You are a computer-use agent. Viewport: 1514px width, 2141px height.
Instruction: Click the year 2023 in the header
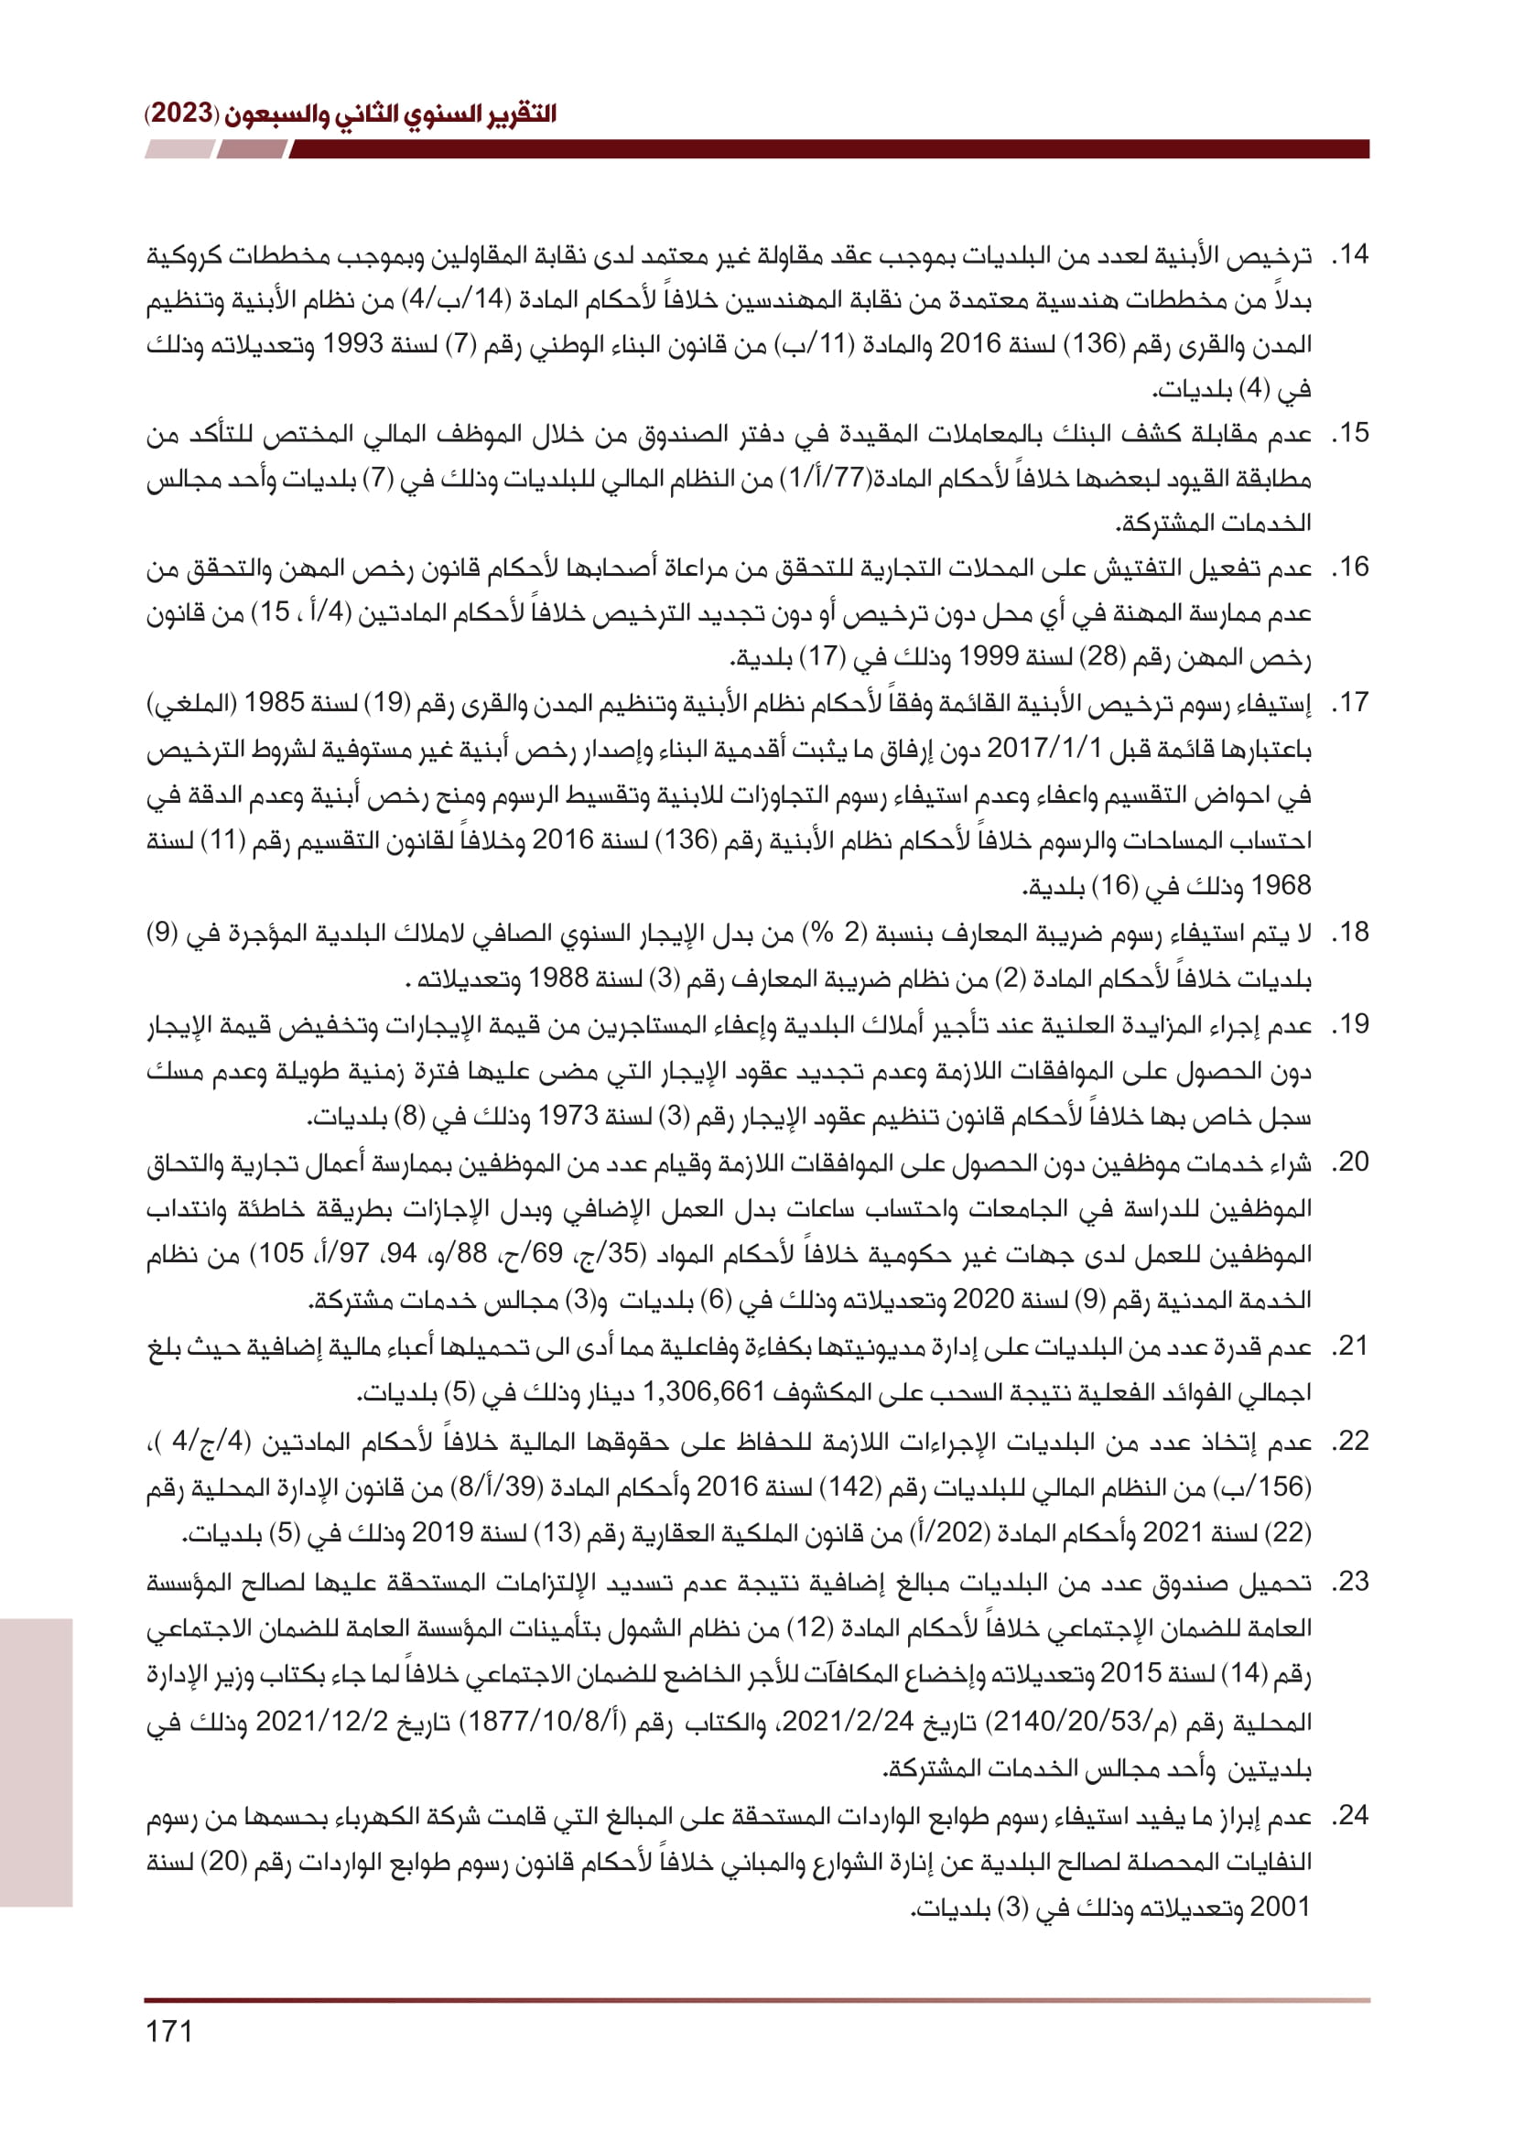tap(181, 114)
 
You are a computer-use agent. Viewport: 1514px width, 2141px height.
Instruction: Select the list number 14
tap(1350, 254)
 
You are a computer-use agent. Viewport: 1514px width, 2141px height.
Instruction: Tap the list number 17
tap(1350, 702)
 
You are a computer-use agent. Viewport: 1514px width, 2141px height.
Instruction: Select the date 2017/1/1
tap(1044, 748)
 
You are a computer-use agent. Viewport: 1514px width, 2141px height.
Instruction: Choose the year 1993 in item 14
tap(352, 344)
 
